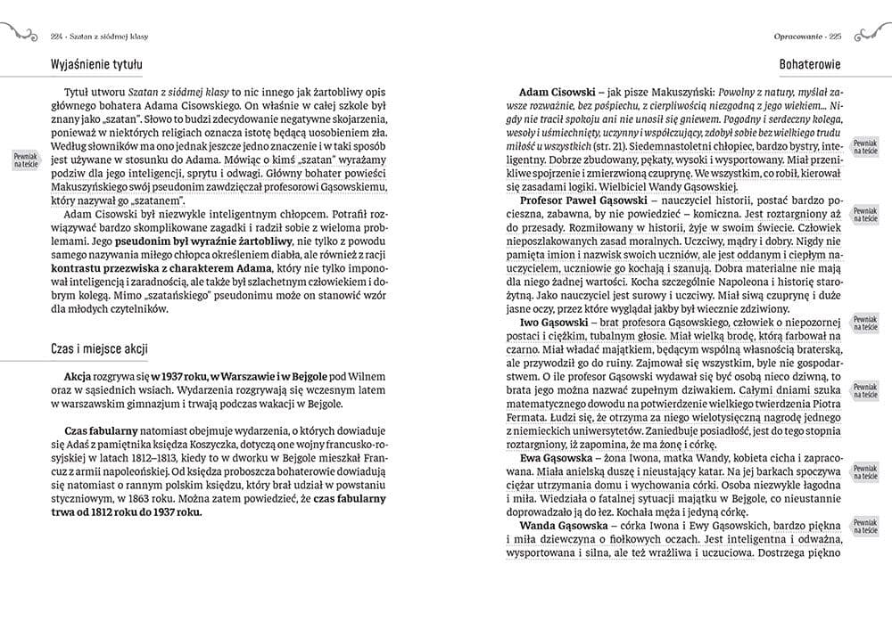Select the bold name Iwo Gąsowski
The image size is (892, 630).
[x=558, y=321]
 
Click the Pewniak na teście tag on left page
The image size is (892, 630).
[x=26, y=160]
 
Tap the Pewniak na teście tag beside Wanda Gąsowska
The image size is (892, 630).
[x=865, y=526]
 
